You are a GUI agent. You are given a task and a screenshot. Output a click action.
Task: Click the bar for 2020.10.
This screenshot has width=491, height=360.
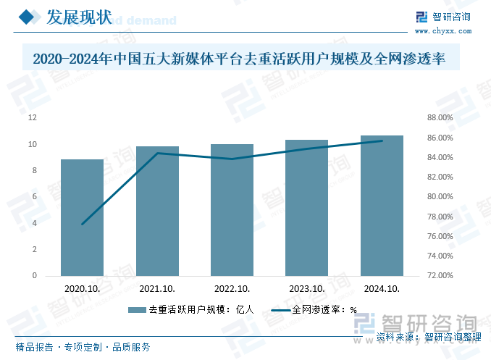82,217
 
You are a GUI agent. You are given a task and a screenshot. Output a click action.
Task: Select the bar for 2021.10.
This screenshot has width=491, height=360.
157,211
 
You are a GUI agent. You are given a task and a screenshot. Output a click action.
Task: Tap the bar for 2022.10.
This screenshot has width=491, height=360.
232,210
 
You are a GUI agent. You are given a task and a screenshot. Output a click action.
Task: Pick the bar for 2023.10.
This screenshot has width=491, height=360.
307,208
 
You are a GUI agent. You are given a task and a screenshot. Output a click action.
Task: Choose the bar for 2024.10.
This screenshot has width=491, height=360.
382,206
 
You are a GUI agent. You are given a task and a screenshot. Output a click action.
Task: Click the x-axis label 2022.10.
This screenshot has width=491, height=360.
232,288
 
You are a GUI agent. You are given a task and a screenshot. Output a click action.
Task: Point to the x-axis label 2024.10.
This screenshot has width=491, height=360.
382,288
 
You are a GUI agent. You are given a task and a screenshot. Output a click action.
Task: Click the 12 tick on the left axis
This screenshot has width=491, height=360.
33,117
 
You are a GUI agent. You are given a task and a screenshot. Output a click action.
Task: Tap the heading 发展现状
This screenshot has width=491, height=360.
78,17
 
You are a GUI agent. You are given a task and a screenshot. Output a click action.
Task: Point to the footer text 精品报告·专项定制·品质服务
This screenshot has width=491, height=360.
83,347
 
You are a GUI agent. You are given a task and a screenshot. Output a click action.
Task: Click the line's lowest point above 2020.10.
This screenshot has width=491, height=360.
82,225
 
